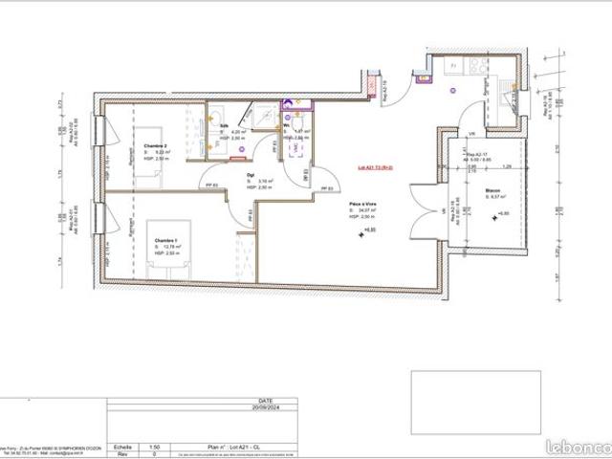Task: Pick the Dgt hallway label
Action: click(251, 175)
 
